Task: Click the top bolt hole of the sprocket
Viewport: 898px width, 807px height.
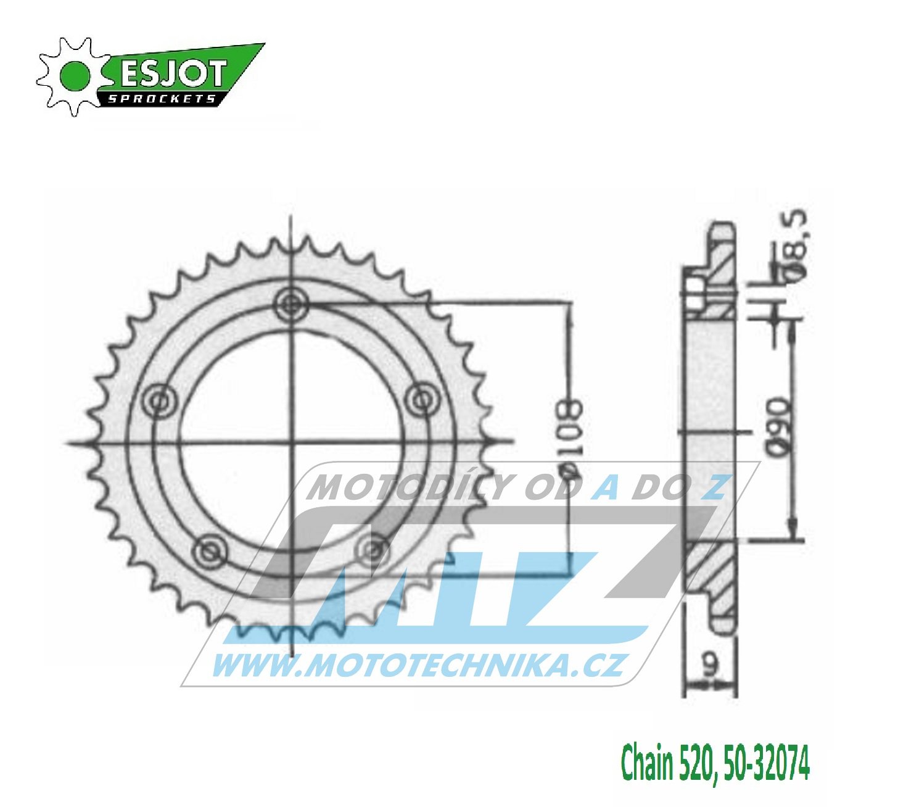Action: pyautogui.click(x=292, y=304)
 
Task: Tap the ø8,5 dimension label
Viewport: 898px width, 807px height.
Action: pyautogui.click(x=794, y=245)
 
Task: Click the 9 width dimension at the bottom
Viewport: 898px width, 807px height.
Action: pyautogui.click(x=711, y=665)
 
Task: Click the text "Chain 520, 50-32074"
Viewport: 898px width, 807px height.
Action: pyautogui.click(x=714, y=763)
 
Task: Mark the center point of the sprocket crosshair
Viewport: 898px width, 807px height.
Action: pyautogui.click(x=292, y=442)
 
